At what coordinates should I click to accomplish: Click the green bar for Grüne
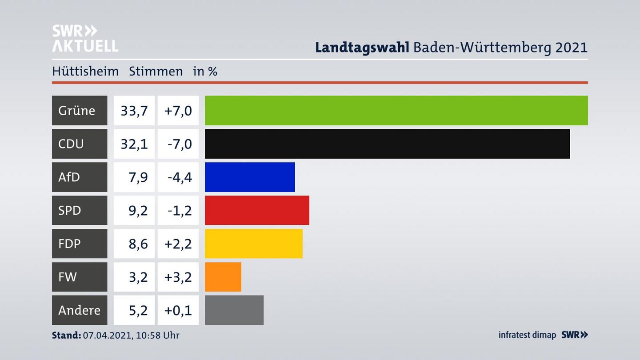(x=396, y=110)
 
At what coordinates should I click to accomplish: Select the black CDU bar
(x=387, y=144)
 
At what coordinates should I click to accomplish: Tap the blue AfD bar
(x=250, y=177)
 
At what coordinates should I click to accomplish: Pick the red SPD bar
(x=257, y=210)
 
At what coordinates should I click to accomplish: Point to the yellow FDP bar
(x=253, y=244)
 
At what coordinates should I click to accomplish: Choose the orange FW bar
(x=223, y=277)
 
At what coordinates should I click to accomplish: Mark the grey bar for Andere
(x=234, y=310)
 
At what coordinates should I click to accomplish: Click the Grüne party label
(x=77, y=110)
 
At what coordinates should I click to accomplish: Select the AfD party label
(x=69, y=177)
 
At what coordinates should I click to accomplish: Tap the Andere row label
(x=79, y=310)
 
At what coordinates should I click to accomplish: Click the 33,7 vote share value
(x=134, y=110)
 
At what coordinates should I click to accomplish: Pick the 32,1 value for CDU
(x=134, y=144)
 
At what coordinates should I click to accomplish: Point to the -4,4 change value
(x=180, y=177)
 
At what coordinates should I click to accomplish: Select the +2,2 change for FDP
(x=178, y=244)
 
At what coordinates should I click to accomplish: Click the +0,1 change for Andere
(x=178, y=310)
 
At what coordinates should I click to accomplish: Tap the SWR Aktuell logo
(x=85, y=38)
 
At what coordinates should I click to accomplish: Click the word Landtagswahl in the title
(x=362, y=47)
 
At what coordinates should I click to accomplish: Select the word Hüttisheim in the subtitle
(x=85, y=71)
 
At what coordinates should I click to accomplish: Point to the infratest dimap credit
(x=527, y=335)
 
